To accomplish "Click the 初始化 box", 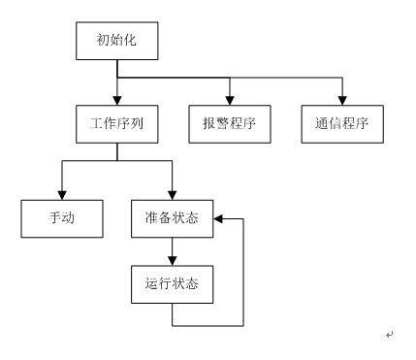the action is pyautogui.click(x=117, y=41).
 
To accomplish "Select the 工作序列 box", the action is pyautogui.click(x=117, y=124).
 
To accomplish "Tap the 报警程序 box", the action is pyautogui.click(x=230, y=124).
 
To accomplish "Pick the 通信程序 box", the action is pyautogui.click(x=342, y=124).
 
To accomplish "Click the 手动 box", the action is pyautogui.click(x=62, y=218).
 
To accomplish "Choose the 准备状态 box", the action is pyautogui.click(x=173, y=218).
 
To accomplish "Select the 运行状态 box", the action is pyautogui.click(x=173, y=284).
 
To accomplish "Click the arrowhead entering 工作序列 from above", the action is pyautogui.click(x=117, y=101).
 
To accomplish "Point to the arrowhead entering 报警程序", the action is pyautogui.click(x=230, y=101).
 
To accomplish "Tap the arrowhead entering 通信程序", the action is pyautogui.click(x=342, y=101).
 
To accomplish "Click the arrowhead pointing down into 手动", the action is pyautogui.click(x=62, y=195).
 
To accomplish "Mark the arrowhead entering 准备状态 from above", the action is pyautogui.click(x=173, y=195).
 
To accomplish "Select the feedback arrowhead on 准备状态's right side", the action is pyautogui.click(x=218, y=219).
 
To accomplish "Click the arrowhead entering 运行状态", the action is pyautogui.click(x=173, y=261).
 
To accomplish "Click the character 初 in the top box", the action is pyautogui.click(x=103, y=40).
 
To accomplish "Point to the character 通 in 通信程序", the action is pyautogui.click(x=322, y=123).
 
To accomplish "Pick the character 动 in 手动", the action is pyautogui.click(x=68, y=217).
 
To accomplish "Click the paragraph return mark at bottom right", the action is pyautogui.click(x=390, y=335).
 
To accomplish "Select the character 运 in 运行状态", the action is pyautogui.click(x=152, y=283).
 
